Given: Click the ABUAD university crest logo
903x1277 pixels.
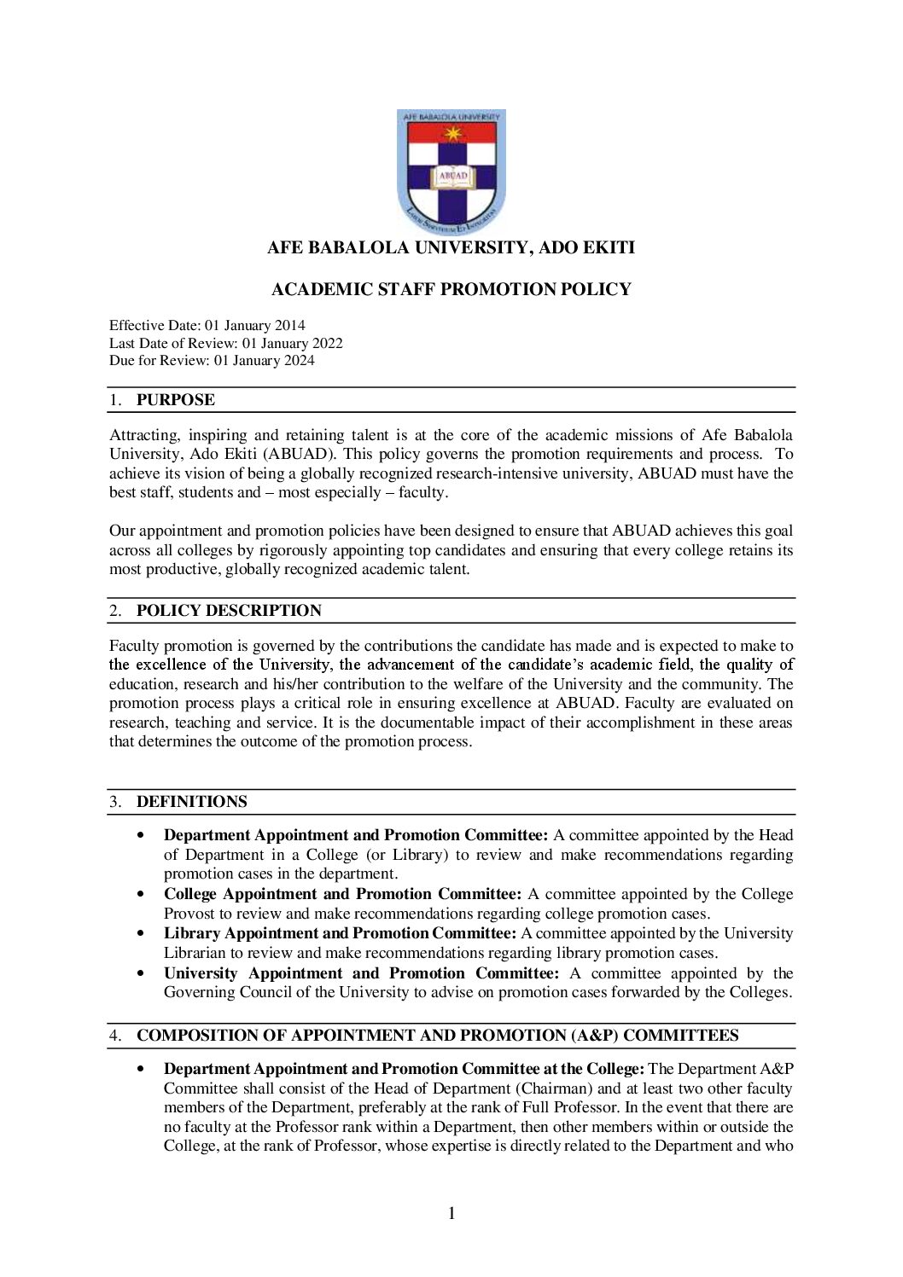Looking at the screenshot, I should [451, 171].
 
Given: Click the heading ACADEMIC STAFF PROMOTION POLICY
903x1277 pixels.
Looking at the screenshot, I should [451, 289].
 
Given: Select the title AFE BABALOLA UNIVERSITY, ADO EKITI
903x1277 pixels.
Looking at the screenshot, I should [451, 247].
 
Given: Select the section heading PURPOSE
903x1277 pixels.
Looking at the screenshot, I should [176, 400].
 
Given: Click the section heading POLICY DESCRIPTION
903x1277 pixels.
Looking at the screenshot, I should [229, 611].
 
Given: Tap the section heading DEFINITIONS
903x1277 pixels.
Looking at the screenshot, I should [192, 802].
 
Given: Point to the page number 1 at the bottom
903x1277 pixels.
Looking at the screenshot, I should [451, 1213].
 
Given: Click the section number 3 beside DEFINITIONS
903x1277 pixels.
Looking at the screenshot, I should [114, 802].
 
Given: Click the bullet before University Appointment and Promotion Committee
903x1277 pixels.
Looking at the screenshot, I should [140, 973].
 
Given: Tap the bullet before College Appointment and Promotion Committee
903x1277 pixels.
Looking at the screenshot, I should [140, 894].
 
